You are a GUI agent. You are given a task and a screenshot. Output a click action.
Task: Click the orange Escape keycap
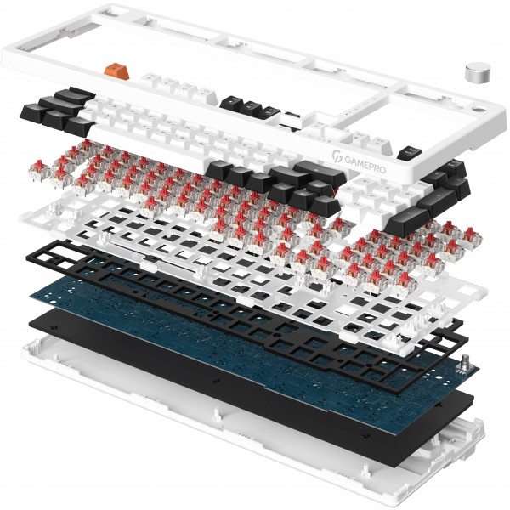pyautogui.click(x=116, y=71)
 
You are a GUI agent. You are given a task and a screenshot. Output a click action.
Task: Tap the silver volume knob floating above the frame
pyautogui.click(x=479, y=73)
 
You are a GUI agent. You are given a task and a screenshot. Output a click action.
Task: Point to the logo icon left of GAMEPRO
pyautogui.click(x=337, y=156)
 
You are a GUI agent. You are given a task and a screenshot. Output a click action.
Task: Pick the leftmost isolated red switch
pyautogui.click(x=38, y=168)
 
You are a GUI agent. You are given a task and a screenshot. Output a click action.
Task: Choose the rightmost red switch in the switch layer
pyautogui.click(x=471, y=236)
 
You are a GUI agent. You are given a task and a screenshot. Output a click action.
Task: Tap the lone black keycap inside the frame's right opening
pyautogui.click(x=410, y=152)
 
